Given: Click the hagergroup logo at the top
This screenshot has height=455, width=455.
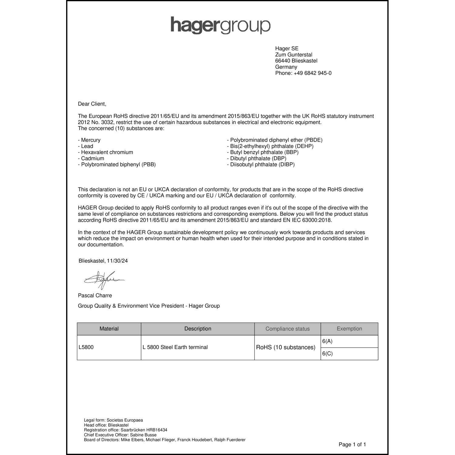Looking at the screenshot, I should point(220,25).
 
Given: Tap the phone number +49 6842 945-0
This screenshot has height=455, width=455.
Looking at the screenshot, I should point(312,73).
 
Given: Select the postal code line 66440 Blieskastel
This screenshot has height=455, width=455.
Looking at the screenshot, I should point(296,61).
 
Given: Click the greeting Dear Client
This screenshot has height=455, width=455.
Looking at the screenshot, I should point(92,104).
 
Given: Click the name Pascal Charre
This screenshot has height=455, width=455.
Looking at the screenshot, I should point(95,295).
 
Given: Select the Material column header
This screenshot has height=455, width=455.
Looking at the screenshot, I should point(109,329).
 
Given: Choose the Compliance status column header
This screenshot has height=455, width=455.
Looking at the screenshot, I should point(288,329).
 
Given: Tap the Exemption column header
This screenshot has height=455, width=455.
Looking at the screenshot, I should point(349,329).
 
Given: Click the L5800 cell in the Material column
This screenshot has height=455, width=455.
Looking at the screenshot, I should point(86,347).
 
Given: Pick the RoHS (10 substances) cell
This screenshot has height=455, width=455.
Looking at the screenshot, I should point(286,347).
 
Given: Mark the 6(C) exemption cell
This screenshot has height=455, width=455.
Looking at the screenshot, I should point(328,354).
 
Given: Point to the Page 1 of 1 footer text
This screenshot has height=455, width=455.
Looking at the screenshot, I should point(352,445).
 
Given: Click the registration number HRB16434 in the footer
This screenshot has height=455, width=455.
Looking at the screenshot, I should point(157,430).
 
